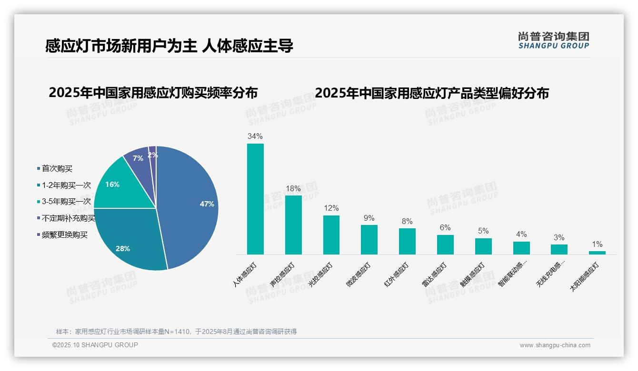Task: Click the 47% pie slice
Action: (x=190, y=205)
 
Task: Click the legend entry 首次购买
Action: (x=57, y=168)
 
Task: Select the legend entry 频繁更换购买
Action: (x=64, y=234)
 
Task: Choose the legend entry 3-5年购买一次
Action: (x=66, y=202)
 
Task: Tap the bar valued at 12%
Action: (x=331, y=235)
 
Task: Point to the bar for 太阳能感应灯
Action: (x=597, y=253)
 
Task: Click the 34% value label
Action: (x=255, y=137)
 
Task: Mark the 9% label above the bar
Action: (x=369, y=218)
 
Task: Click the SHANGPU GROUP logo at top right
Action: (x=553, y=40)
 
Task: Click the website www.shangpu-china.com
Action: (x=555, y=345)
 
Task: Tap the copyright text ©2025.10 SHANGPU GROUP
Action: (x=95, y=345)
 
